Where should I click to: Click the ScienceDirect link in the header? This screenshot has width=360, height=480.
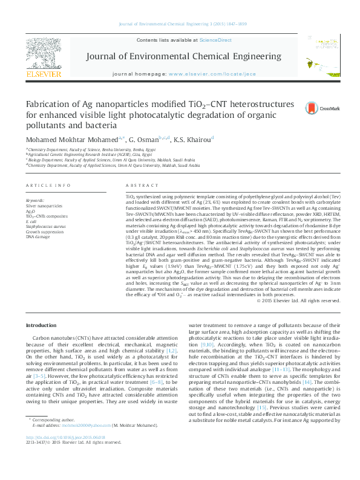216,40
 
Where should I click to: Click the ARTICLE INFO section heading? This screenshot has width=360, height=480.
48,185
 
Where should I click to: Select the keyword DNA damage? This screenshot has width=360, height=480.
38,236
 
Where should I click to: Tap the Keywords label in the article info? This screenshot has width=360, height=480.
34,199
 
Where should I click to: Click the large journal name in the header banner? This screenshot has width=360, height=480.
179,57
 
